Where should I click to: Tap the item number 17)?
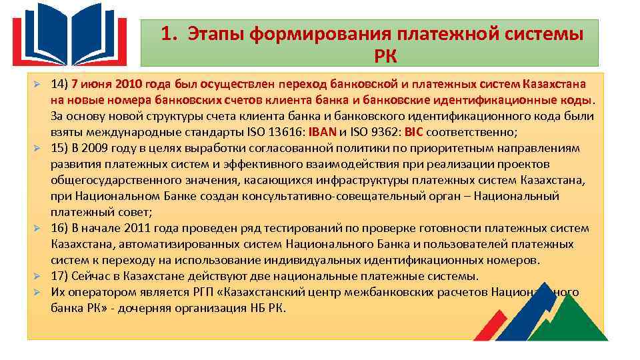pyautogui.click(x=59, y=276)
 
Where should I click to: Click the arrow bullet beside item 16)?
pyautogui.click(x=39, y=229)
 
